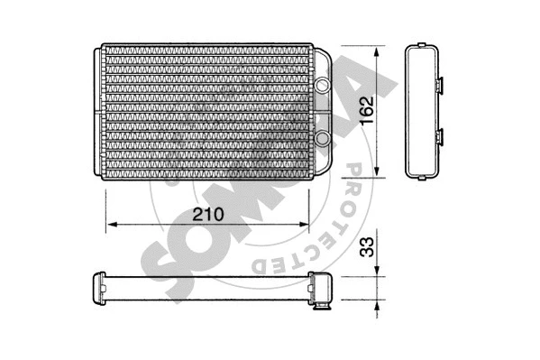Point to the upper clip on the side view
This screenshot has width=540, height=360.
pyautogui.click(x=443, y=86)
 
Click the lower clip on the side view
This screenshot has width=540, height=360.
pyautogui.click(x=443, y=137)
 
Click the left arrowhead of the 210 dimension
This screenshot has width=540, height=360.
pyautogui.click(x=111, y=224)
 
